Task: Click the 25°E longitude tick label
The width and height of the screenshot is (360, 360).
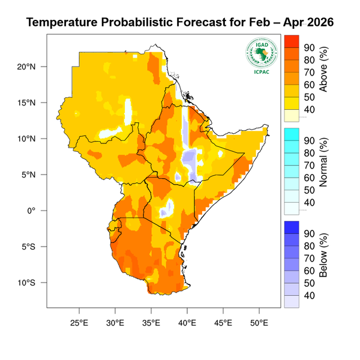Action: (79, 322)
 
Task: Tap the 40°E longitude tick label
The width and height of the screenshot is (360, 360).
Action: (187, 322)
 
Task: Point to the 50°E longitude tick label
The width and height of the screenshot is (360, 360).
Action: (259, 322)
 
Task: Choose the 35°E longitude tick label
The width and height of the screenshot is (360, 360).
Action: (151, 322)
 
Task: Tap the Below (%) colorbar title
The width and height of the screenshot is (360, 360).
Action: (323, 259)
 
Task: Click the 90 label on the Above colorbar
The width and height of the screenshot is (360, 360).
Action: (310, 47)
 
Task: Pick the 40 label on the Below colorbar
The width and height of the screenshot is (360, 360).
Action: (310, 295)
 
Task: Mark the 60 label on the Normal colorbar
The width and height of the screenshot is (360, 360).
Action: (310, 178)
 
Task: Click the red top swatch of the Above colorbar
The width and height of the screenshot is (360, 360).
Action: (291, 41)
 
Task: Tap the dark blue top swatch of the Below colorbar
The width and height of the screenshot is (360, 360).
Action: (291, 226)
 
